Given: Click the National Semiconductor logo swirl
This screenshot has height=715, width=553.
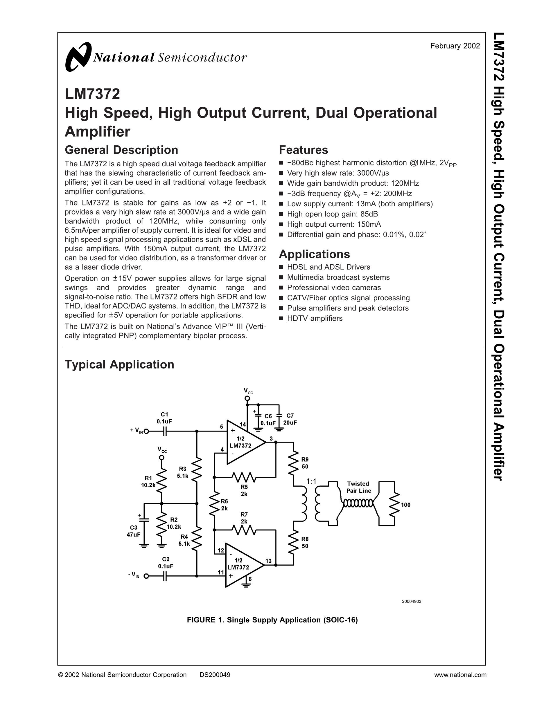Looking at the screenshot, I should point(78,57).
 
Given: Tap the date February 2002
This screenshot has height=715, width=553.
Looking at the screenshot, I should point(455,46).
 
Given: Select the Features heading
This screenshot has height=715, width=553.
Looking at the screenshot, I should point(303,150).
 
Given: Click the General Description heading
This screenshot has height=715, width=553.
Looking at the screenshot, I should point(121,150).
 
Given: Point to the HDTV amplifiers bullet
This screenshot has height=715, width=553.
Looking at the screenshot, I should point(315,318).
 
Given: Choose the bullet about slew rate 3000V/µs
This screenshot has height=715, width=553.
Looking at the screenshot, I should point(338,173).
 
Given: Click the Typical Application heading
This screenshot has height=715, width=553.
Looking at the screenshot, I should point(119,364).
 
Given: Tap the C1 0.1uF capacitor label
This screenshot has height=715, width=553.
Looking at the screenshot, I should point(164,418).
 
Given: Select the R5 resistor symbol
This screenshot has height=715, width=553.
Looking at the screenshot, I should point(244,477).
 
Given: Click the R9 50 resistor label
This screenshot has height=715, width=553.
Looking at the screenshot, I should point(305,463).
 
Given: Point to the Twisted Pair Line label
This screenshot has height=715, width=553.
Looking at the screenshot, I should point(358,487).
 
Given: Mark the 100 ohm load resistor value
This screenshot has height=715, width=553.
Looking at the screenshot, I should point(405,505).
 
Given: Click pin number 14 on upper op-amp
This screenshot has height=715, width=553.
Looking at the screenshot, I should point(243,424).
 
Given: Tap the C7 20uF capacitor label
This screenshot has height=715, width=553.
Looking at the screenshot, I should point(290,419).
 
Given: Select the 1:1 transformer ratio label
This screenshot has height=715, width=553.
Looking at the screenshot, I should point(311,481).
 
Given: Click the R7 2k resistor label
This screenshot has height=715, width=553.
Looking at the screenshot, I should point(244,518).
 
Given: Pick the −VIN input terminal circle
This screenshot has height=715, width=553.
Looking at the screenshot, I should point(146,576).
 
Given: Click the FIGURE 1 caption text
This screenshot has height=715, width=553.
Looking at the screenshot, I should point(272,620).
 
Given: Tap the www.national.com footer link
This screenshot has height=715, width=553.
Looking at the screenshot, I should point(460,675).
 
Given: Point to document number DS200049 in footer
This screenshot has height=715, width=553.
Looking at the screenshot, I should point(215,675).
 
